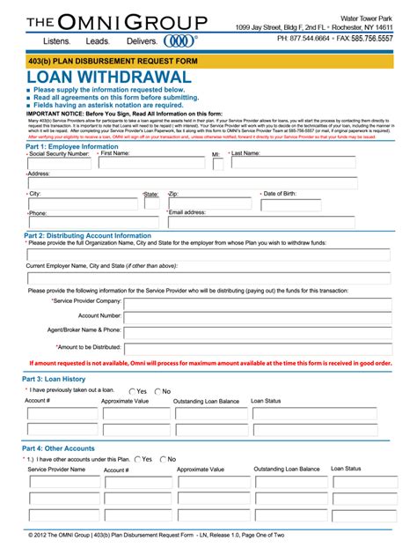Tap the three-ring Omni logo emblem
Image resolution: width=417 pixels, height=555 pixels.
(x=179, y=41)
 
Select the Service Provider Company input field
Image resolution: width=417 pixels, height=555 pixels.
(x=258, y=304)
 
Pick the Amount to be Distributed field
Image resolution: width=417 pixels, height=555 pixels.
(x=258, y=347)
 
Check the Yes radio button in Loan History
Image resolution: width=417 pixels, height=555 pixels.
(x=133, y=391)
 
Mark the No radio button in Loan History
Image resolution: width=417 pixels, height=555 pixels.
(x=158, y=391)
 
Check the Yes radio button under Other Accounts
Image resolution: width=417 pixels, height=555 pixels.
(x=135, y=460)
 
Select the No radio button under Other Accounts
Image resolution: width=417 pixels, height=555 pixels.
(x=162, y=460)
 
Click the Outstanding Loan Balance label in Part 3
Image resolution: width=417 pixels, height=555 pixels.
(x=206, y=401)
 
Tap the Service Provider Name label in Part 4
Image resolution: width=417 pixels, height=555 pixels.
(x=56, y=470)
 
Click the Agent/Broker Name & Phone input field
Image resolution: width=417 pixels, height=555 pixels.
(x=258, y=332)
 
